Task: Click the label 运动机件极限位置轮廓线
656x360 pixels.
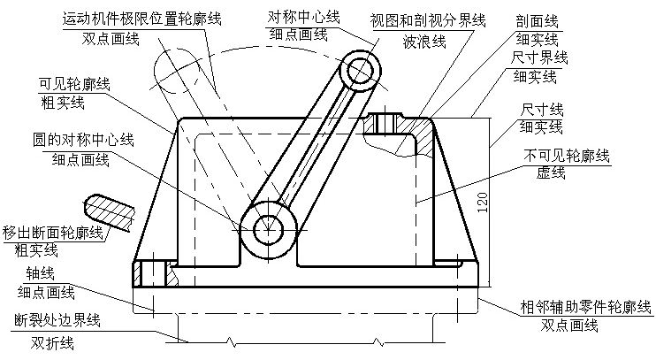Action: tap(143, 18)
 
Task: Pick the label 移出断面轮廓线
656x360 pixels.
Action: tap(52, 233)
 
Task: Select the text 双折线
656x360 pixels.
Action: tap(51, 342)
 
